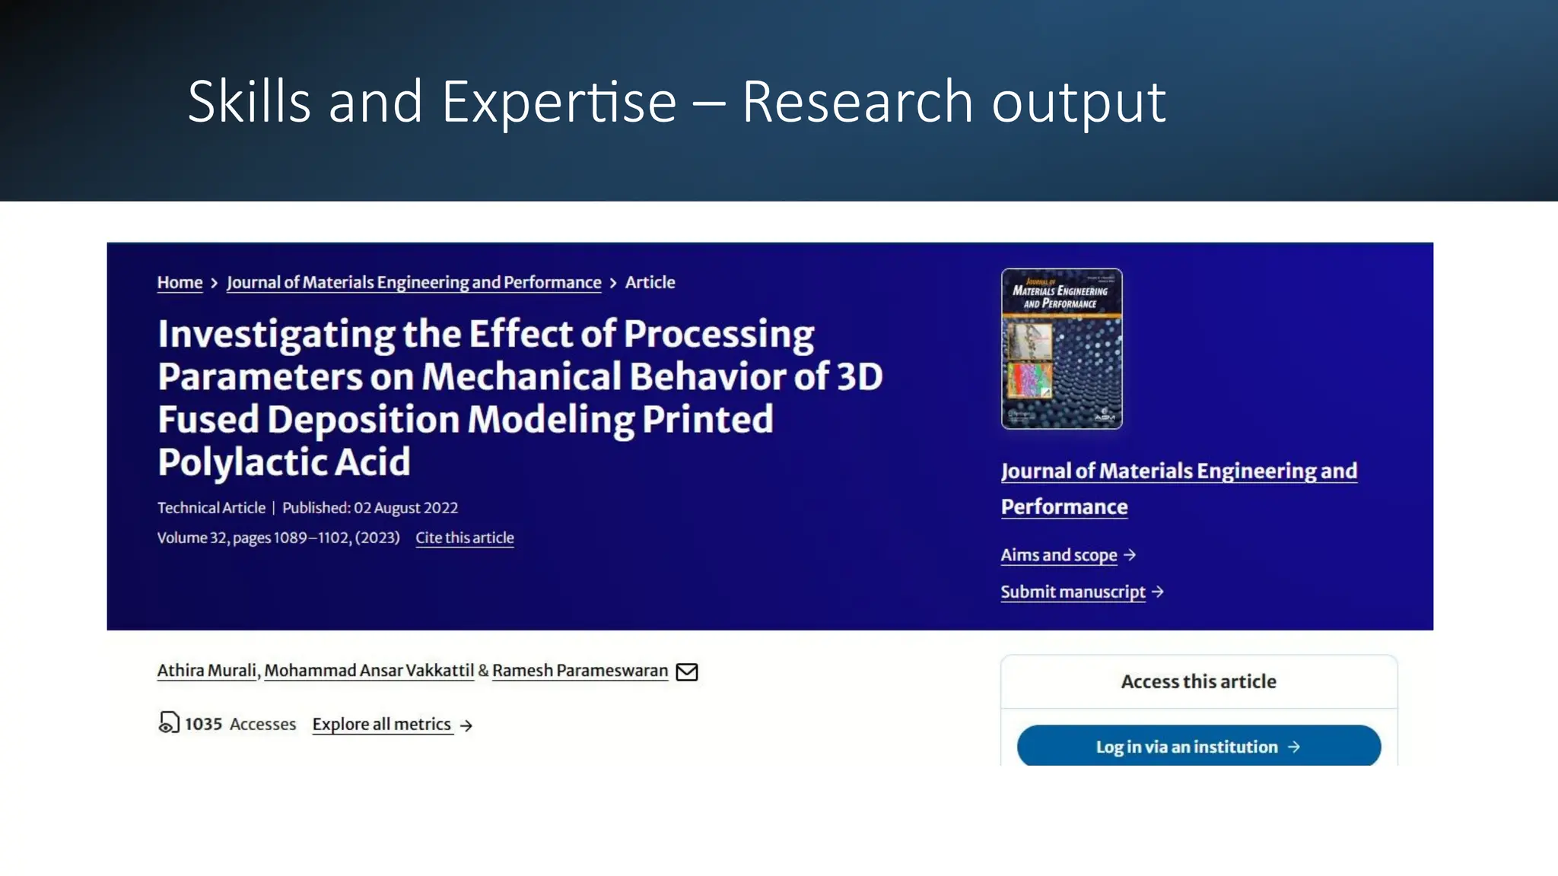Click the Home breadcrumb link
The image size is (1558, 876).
coord(180,283)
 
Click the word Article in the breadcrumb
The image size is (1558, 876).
coord(650,283)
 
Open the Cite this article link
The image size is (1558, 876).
coord(464,538)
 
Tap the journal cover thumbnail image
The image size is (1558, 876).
coord(1061,349)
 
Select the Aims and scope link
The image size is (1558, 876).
coord(1058,555)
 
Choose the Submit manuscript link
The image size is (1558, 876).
coord(1073,592)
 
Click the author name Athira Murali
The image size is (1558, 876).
coord(206,671)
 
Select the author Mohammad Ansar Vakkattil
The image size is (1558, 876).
coord(369,671)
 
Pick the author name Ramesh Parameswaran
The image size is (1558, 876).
coord(580,671)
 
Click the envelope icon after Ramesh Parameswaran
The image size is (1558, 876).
coord(687,671)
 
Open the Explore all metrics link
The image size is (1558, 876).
coord(382,725)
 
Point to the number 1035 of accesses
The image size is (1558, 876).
coord(203,725)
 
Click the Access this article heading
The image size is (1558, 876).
coord(1198,681)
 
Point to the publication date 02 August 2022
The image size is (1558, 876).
coord(405,508)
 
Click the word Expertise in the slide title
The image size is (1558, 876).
coord(558,102)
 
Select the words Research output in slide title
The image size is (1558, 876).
coord(953,102)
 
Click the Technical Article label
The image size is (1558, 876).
coord(211,508)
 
